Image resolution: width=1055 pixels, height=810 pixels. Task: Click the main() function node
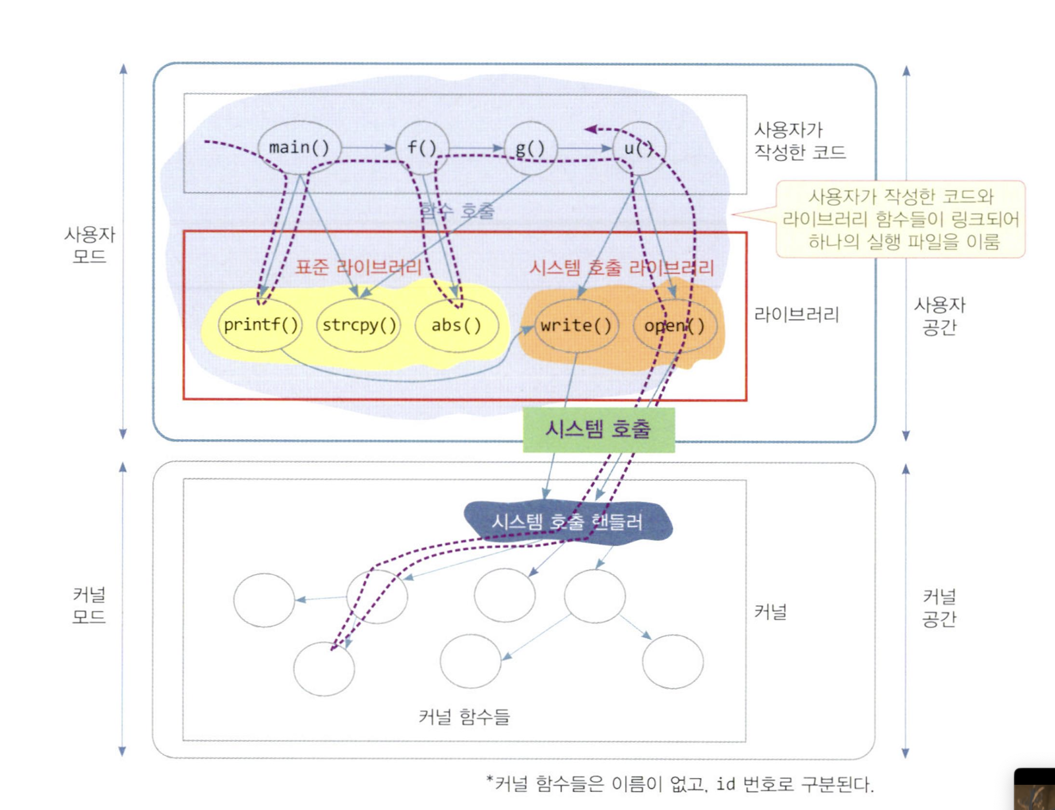[x=299, y=148]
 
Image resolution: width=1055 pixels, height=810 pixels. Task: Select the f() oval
[x=422, y=148]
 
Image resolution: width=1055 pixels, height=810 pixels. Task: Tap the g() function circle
[x=530, y=148]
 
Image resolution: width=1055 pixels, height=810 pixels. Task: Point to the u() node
[x=639, y=148]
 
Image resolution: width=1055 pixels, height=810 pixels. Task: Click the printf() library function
[x=260, y=325]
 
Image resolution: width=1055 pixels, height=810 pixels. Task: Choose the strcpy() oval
[x=359, y=325]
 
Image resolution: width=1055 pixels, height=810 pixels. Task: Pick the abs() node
[x=456, y=325]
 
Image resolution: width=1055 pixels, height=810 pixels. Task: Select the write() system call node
[x=576, y=326]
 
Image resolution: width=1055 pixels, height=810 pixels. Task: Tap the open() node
[x=674, y=326]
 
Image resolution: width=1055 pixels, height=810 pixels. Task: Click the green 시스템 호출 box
[x=598, y=430]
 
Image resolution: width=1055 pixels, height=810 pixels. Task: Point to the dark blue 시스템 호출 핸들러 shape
[x=567, y=522]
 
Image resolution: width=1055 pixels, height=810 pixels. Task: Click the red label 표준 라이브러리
[x=358, y=267]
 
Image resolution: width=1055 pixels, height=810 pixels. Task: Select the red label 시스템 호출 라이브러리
[x=621, y=268]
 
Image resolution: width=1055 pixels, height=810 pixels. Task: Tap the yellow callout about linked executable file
[x=900, y=219]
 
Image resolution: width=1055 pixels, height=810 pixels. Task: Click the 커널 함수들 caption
[x=464, y=716]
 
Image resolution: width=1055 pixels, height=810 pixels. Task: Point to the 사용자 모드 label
[x=89, y=245]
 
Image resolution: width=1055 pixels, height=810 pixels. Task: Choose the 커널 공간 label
[x=939, y=608]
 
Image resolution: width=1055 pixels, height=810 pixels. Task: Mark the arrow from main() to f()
[x=368, y=148]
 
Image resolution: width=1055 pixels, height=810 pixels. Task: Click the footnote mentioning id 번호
[x=680, y=784]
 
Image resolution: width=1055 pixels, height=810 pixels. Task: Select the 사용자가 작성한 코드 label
[x=799, y=141]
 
